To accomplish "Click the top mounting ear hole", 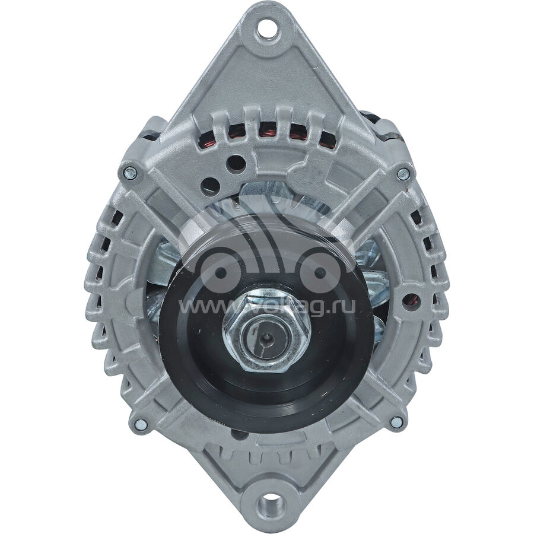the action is [x=267, y=30].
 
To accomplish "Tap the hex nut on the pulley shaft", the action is [x=267, y=333].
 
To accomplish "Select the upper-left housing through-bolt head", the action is [x=130, y=173].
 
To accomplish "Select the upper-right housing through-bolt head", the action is [x=403, y=173].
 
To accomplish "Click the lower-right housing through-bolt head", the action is [x=396, y=422].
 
